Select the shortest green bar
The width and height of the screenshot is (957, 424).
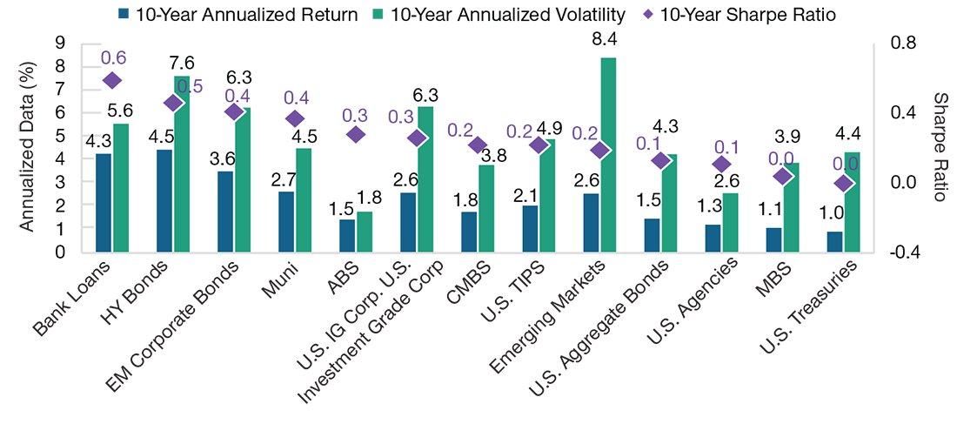(x=365, y=230)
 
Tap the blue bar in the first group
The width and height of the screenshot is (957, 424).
(x=104, y=200)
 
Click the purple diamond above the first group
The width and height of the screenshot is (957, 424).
(x=110, y=80)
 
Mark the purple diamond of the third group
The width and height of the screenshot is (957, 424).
(x=233, y=111)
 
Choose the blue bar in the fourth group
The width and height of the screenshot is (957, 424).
(x=286, y=219)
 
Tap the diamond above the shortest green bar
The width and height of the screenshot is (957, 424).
(x=355, y=133)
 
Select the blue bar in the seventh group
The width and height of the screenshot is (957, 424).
(x=469, y=230)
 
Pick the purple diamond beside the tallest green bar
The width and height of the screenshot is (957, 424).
(x=599, y=151)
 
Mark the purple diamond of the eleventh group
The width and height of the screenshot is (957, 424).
(x=721, y=164)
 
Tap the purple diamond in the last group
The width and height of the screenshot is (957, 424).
(x=842, y=183)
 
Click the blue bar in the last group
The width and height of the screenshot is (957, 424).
(x=834, y=239)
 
